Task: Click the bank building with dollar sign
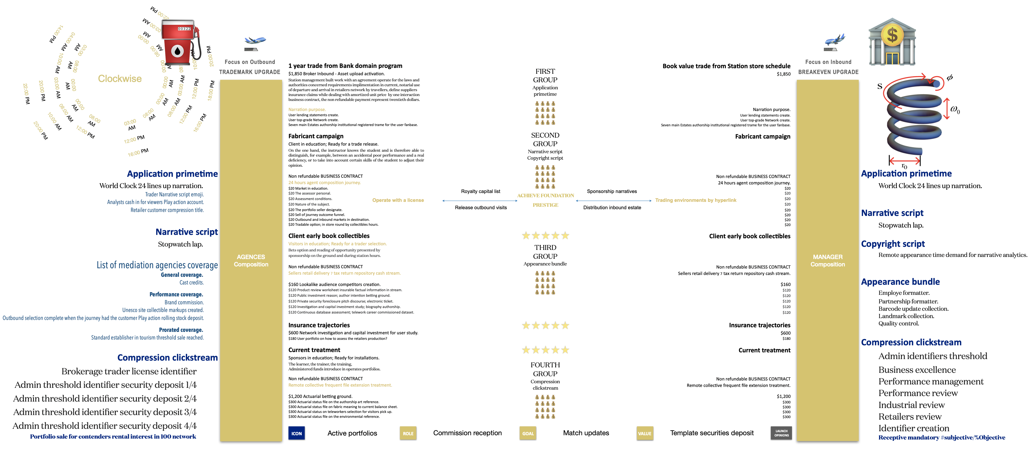pos(892,42)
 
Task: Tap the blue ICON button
pos(296,433)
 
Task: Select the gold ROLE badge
pos(408,433)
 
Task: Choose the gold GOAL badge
pos(528,433)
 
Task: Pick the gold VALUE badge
pos(644,433)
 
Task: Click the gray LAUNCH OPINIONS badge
pos(781,433)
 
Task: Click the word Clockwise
pos(120,79)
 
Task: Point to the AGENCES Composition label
pos(251,261)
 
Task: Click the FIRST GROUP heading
pos(545,76)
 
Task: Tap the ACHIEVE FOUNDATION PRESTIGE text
pos(545,200)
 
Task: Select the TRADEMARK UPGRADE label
pos(250,72)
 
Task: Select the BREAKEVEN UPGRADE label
pos(828,72)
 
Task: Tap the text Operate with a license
pos(398,200)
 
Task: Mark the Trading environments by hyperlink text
pos(695,200)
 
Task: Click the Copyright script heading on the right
pos(893,244)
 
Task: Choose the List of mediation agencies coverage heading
pos(157,265)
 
